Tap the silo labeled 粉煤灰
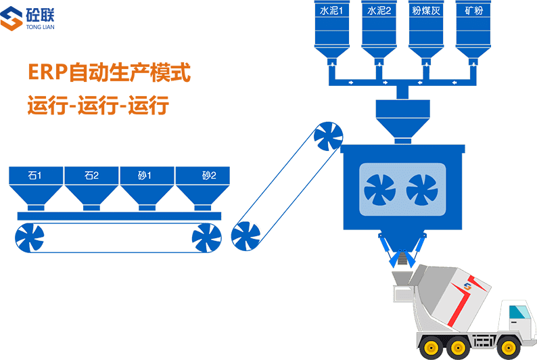click(x=427, y=30)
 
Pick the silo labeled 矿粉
click(x=473, y=30)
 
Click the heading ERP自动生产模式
click(x=109, y=73)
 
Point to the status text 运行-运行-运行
click(x=98, y=106)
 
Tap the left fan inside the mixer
click(x=380, y=189)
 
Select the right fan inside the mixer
click(x=423, y=189)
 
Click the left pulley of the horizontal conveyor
click(x=30, y=238)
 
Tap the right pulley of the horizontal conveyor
click(x=206, y=238)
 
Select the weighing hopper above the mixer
click(x=402, y=119)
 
